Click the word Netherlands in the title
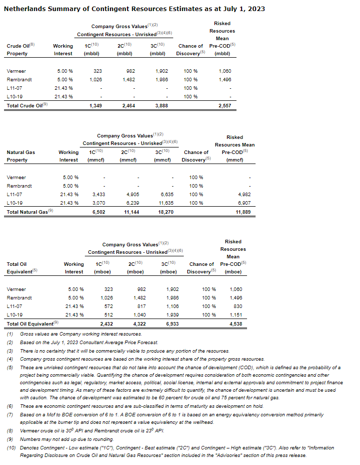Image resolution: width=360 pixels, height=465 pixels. point(23,9)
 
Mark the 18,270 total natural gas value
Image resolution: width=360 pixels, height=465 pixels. point(165,212)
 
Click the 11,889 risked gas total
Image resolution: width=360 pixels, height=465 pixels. point(242,212)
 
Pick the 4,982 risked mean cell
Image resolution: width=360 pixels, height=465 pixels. point(244,194)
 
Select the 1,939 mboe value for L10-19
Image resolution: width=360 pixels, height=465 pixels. point(171,315)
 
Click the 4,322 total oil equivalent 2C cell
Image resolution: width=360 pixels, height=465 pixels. point(139,324)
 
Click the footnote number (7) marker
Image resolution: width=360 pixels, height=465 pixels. point(10,415)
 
